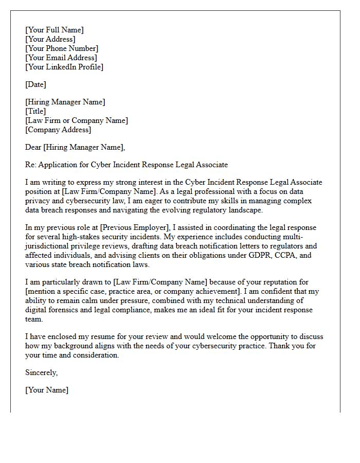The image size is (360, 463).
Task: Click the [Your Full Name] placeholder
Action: [x=54, y=30]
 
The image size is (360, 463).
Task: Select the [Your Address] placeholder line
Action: [x=50, y=39]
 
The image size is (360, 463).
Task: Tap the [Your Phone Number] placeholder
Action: [x=61, y=48]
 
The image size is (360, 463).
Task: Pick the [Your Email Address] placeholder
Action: [x=61, y=58]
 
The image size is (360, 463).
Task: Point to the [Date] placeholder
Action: [x=35, y=84]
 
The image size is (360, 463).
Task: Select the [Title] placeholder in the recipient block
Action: [x=35, y=111]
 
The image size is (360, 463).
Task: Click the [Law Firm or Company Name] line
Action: [x=77, y=120]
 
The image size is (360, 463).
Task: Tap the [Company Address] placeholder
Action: [x=58, y=130]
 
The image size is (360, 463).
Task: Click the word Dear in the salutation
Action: [x=33, y=147]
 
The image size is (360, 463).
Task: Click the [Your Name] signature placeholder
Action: [x=47, y=390]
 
